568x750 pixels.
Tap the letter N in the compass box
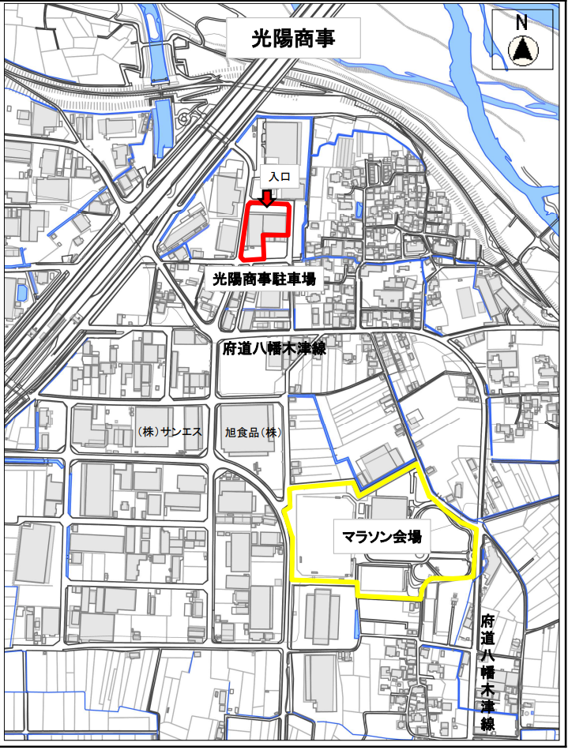(521, 22)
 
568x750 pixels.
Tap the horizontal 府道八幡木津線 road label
(275, 350)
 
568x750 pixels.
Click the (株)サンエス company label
(169, 432)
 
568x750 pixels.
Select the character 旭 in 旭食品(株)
(229, 433)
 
